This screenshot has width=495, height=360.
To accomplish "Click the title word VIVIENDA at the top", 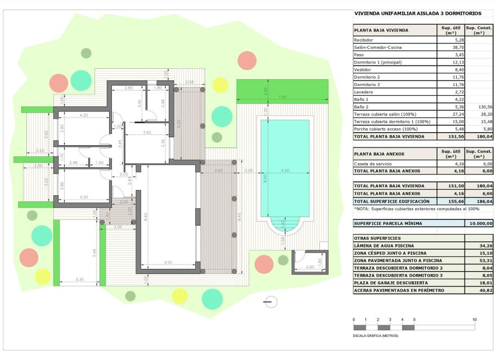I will coord(369,13).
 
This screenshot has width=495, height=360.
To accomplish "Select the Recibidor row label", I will coord(363,40).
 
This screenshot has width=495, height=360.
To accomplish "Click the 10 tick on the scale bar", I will coord(475,319).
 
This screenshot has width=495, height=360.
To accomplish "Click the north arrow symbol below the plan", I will coord(270,301).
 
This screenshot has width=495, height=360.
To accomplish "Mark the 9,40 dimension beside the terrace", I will coord(240,217).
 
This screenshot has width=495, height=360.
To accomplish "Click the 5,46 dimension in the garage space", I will coord(94,253).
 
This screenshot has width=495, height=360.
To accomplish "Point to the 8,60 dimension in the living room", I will coord(146,215).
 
